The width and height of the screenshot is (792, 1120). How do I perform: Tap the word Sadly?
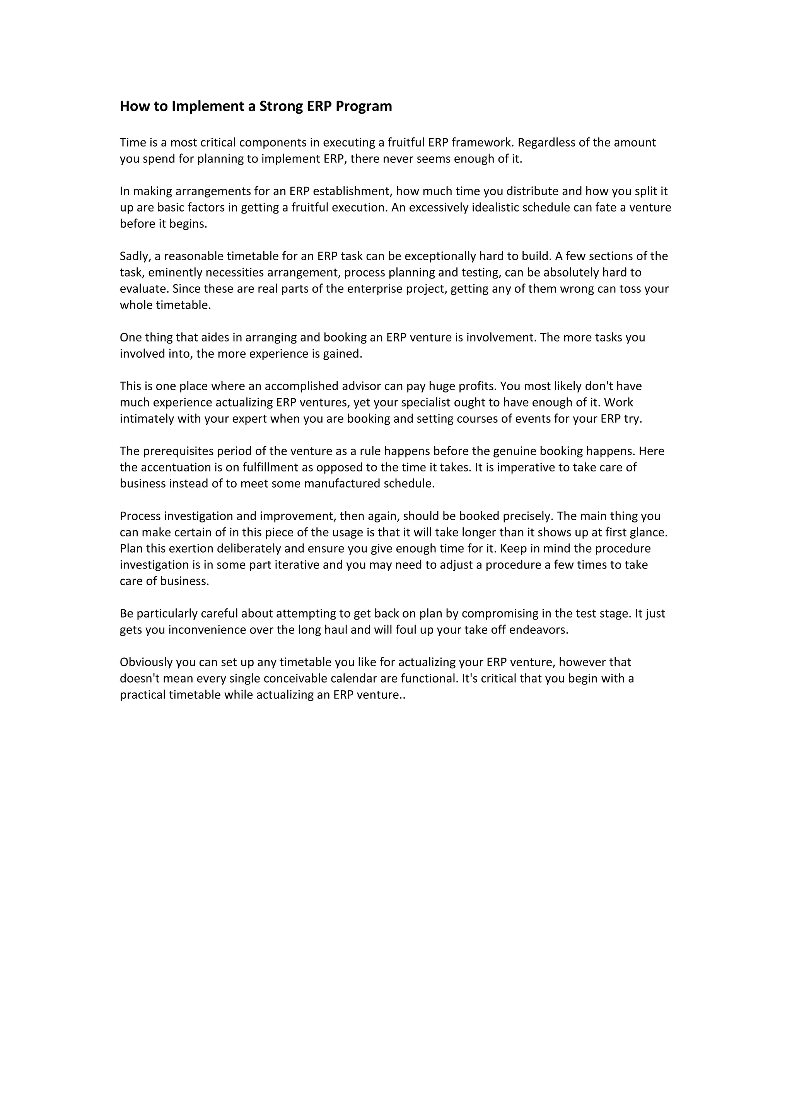point(135,256)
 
